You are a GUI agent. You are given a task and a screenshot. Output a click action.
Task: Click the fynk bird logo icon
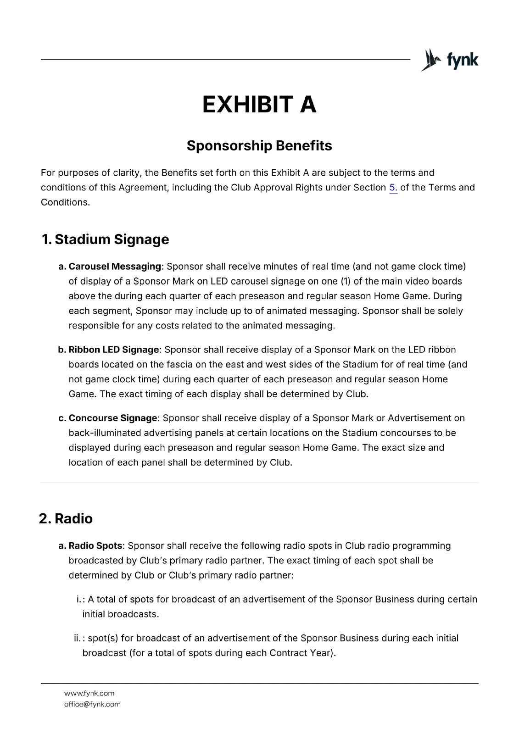tap(431, 60)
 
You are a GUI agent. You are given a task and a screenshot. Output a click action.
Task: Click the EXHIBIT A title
tap(259, 105)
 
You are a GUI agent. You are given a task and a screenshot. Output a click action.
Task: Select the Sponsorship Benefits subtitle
tap(259, 146)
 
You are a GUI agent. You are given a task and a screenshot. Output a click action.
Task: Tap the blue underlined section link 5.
tap(393, 188)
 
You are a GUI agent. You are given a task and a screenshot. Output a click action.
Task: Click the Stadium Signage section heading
tap(112, 239)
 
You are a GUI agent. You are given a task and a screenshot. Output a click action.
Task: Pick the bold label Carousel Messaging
tap(115, 267)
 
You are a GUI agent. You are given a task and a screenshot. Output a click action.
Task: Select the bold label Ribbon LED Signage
tap(114, 350)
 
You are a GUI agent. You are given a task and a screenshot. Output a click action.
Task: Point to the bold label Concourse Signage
tap(113, 418)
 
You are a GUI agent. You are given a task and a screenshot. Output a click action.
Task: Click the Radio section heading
tap(73, 519)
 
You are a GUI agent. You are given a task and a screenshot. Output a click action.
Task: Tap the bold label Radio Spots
tap(95, 546)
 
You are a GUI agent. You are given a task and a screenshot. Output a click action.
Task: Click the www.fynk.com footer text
tap(89, 693)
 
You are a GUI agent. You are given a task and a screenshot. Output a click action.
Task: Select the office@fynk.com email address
tap(92, 704)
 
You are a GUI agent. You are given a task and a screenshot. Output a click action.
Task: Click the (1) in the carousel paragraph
tap(346, 281)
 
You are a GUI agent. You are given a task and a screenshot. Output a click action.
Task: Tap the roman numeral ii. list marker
tap(77, 638)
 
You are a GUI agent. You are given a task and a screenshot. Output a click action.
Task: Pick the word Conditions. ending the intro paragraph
tap(65, 202)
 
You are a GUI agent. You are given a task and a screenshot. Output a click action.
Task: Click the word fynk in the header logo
tap(463, 60)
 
